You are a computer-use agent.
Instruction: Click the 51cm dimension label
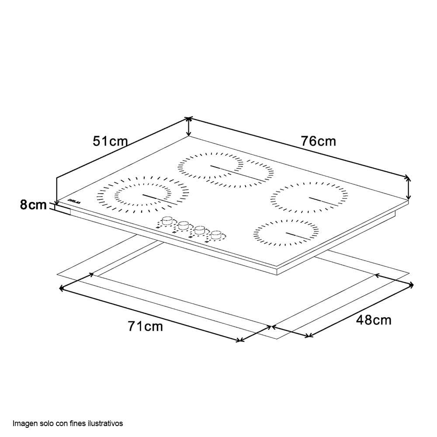[110, 141]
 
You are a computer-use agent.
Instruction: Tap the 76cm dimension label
[318, 141]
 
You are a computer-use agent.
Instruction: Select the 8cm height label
[33, 205]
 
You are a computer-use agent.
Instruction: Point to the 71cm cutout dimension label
[145, 326]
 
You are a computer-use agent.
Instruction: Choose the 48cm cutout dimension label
[374, 320]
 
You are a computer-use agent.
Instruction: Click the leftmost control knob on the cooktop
[167, 221]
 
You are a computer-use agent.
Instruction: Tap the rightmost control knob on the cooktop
[216, 236]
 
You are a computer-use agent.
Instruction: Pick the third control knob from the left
[200, 229]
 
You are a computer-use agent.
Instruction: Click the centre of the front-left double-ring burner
[142, 194]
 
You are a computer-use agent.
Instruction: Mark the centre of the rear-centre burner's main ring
[211, 166]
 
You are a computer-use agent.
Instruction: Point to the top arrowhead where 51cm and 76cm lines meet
[188, 118]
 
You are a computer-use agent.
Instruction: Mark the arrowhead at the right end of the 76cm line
[408, 177]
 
